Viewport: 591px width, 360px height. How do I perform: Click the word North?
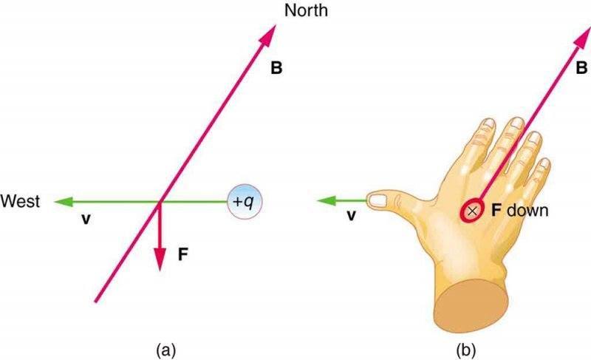(x=306, y=10)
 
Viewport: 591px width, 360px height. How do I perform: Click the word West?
(x=20, y=201)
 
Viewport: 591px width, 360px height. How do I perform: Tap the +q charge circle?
(x=245, y=202)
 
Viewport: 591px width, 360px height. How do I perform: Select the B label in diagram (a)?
(x=276, y=68)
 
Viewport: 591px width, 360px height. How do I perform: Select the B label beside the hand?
(x=581, y=68)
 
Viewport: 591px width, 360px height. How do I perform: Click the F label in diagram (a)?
(x=182, y=255)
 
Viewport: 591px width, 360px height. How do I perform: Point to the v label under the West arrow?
(x=86, y=219)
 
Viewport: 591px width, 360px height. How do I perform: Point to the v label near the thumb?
(x=351, y=215)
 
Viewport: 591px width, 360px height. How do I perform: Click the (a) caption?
(x=165, y=350)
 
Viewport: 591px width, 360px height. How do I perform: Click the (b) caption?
(x=466, y=350)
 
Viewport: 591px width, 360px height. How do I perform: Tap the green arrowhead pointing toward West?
(x=63, y=202)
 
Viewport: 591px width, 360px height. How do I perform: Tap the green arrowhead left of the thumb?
(x=325, y=200)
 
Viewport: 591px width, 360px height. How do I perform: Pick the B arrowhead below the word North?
(x=267, y=35)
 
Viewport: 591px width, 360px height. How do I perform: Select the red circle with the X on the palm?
(x=472, y=211)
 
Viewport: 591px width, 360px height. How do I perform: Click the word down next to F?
(x=527, y=211)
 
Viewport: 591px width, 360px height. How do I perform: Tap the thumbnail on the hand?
(x=378, y=200)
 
